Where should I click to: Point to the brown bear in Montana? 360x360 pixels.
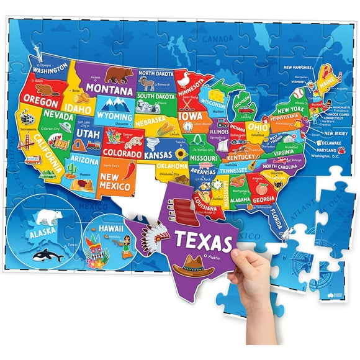(x=119, y=75)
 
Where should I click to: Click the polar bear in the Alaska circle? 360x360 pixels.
(x=47, y=217)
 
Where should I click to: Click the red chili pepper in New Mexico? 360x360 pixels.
(x=128, y=169)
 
